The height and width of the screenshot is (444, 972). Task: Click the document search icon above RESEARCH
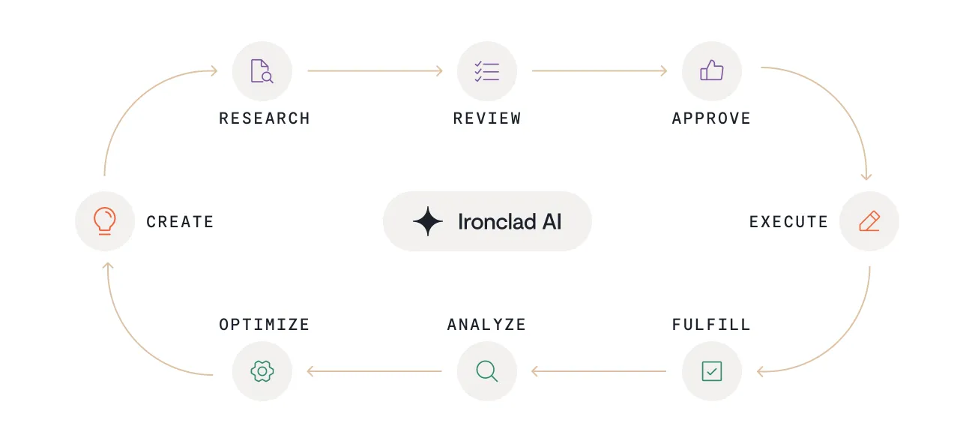coord(262,71)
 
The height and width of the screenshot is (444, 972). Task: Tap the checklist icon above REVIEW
coord(486,71)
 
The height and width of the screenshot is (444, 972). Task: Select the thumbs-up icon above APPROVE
coord(711,71)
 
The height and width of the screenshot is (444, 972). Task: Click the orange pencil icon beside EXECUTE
coord(869,221)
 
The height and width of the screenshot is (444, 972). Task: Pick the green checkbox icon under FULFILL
coord(711,370)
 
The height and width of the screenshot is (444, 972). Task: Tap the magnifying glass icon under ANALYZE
coord(486,370)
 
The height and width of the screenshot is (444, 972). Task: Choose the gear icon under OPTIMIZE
coord(262,370)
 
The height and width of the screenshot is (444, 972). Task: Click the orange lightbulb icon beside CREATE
coord(105,221)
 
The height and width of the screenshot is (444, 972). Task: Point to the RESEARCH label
coord(264,118)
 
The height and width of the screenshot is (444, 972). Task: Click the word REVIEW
coord(487,118)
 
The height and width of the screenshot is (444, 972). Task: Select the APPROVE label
coord(711,118)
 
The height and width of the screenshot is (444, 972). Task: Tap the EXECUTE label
coord(788,222)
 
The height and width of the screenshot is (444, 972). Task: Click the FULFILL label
coord(711,325)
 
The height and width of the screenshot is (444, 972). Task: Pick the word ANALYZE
coord(486,325)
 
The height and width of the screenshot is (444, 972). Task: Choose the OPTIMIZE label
coord(264,325)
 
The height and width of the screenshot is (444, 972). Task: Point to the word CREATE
coord(180,222)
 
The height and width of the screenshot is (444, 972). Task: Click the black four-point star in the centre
coord(428,222)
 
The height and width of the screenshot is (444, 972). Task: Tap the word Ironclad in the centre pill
coord(496,222)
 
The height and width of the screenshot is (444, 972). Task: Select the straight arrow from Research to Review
coord(375,71)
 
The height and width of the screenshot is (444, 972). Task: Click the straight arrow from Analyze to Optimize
coord(375,370)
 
